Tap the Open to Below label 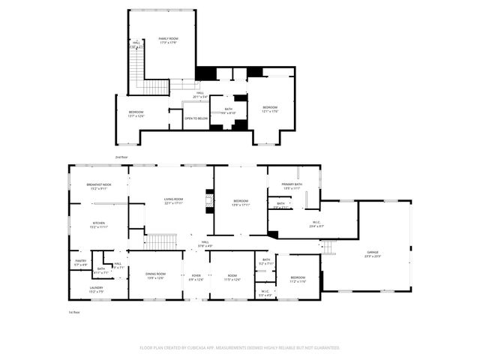(196, 118)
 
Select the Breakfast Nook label (99, 185)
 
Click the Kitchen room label (99, 224)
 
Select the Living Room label (174, 200)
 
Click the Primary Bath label (292, 185)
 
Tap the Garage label (373, 253)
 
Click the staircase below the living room (160, 241)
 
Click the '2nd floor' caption (121, 157)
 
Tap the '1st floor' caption (74, 311)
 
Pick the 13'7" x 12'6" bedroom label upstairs (136, 113)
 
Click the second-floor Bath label (228, 111)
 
